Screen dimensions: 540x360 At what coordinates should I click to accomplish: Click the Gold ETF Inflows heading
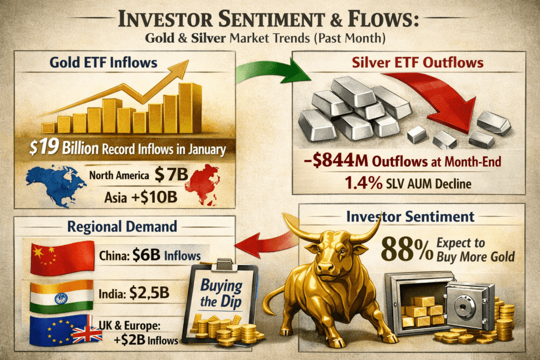coord(103,63)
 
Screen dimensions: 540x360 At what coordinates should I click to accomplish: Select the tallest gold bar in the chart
coord(190,108)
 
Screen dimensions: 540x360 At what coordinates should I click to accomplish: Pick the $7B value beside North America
coord(171,174)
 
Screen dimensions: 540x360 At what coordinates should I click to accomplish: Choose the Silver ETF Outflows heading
coord(418,63)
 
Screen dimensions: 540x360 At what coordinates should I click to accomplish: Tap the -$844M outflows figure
coord(336,161)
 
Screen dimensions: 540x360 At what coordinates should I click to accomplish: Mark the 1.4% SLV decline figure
coord(363,183)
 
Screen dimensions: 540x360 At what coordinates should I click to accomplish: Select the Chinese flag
coord(62,258)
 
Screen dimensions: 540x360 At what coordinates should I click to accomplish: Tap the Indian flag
coord(62,296)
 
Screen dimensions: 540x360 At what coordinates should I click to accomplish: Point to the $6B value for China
coord(146,255)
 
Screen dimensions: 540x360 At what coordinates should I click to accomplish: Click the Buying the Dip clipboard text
coord(221,293)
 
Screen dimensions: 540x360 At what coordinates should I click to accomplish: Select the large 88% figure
coord(407,249)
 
